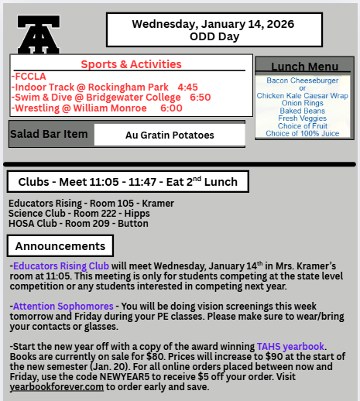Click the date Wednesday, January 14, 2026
[x=213, y=24]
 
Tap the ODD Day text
[x=213, y=36]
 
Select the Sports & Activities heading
[x=131, y=64]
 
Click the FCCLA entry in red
[x=30, y=76]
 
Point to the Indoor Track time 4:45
[x=187, y=87]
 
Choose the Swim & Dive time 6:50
[x=200, y=98]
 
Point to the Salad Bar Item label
[x=50, y=134]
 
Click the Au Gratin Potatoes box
[x=170, y=135]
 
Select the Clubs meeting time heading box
[x=128, y=182]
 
